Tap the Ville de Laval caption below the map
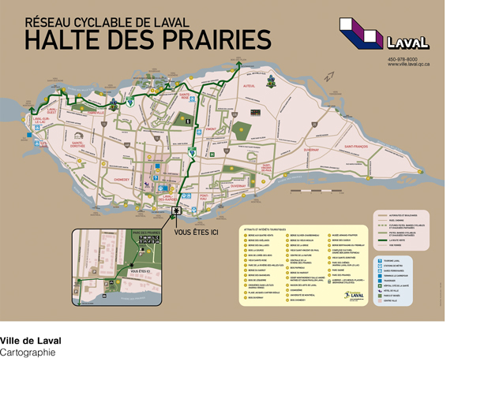pyautogui.click(x=30, y=341)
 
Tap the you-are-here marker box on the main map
pyautogui.click(x=176, y=211)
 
